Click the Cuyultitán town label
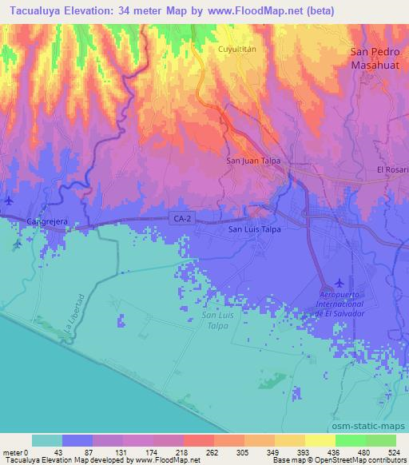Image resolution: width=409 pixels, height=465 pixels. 236,49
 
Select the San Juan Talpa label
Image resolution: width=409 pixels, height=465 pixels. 250,160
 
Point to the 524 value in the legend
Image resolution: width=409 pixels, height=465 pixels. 394,451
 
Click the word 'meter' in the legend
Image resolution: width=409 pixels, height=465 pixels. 12,451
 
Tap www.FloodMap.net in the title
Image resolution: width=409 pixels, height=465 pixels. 264,11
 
